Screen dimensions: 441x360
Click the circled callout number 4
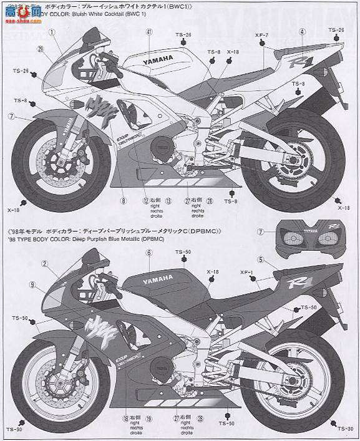[x=302, y=31]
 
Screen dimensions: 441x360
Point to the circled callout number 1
[x=52, y=31]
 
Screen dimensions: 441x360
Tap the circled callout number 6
[x=149, y=253]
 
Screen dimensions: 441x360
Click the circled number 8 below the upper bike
[x=124, y=201]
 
